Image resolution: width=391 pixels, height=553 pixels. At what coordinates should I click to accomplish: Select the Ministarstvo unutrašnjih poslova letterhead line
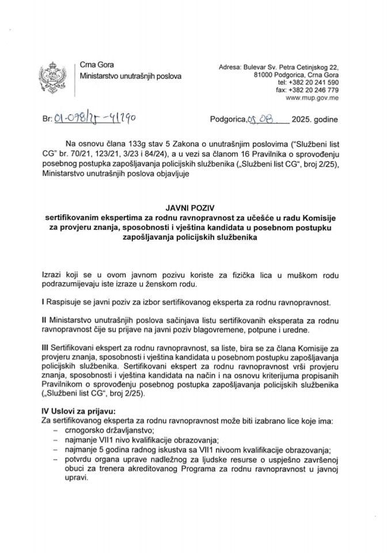pos(130,76)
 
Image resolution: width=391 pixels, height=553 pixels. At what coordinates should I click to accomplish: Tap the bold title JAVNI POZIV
pos(195,210)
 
